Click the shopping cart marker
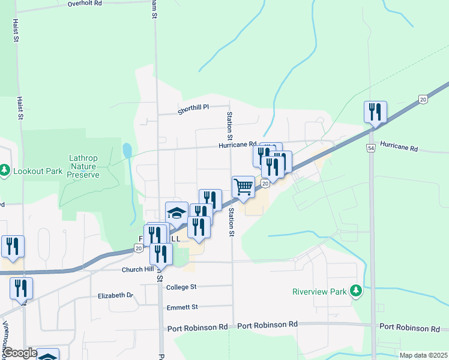point(243,187)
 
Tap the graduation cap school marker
point(176,212)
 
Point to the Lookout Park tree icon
point(5,171)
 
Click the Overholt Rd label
point(85,3)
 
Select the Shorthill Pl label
point(193,107)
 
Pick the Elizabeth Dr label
point(115,296)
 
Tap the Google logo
point(20,353)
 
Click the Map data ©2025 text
point(424,355)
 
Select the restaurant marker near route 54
point(375,112)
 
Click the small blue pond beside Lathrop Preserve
point(127,150)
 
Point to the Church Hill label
point(137,269)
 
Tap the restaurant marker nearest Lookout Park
point(13,246)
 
